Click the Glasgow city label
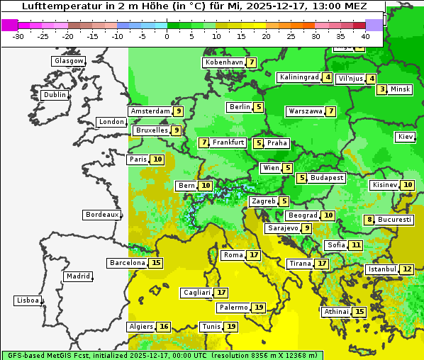click(x=68, y=61)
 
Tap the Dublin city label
click(x=55, y=95)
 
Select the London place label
click(x=111, y=122)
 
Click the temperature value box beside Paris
click(x=157, y=159)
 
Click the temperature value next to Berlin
click(x=260, y=107)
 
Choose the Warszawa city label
click(x=305, y=111)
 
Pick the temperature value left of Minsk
click(x=382, y=89)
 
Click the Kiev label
click(x=406, y=137)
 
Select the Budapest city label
click(x=326, y=178)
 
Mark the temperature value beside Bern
click(x=206, y=186)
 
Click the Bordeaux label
click(x=102, y=214)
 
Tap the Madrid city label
click(x=78, y=276)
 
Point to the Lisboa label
click(x=28, y=300)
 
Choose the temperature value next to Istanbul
click(x=407, y=269)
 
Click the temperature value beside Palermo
click(x=260, y=308)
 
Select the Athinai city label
click(x=336, y=312)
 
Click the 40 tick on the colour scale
click(x=365, y=35)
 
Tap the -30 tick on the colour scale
click(x=18, y=35)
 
